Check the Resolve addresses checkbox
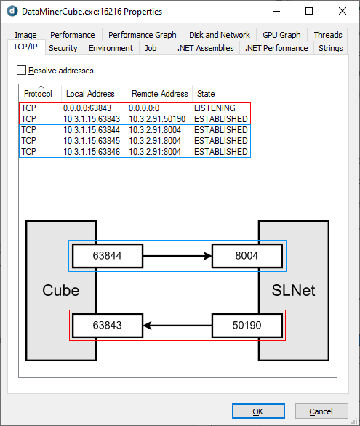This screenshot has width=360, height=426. point(22,71)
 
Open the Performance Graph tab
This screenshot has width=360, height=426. point(143,35)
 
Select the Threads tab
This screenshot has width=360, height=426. point(328,35)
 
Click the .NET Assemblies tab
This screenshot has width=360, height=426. point(205,48)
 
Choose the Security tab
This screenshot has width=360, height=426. point(63,48)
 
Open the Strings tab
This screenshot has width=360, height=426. point(331,48)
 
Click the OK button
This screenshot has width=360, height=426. point(258,411)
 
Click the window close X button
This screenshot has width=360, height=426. point(343,11)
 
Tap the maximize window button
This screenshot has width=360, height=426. point(309,11)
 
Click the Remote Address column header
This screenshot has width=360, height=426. point(160,94)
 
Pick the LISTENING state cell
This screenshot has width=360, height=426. point(215,108)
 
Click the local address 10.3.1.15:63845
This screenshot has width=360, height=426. point(92,141)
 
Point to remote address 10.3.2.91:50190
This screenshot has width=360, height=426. point(157,119)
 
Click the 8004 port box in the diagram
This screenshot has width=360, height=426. point(247,256)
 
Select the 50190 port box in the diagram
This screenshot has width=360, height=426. point(247,326)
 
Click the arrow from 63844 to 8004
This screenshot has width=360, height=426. point(177,256)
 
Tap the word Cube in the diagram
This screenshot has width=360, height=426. point(61,290)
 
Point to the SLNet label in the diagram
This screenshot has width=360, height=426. point(293,290)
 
